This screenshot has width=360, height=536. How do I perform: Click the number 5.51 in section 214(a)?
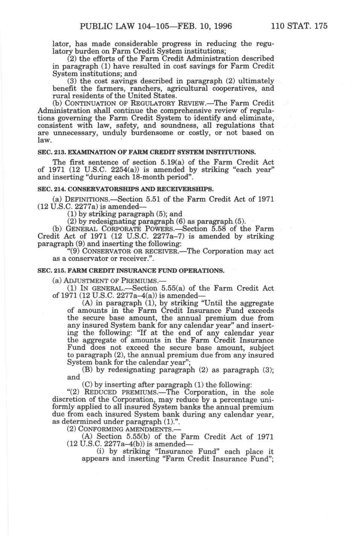point(159,199)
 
